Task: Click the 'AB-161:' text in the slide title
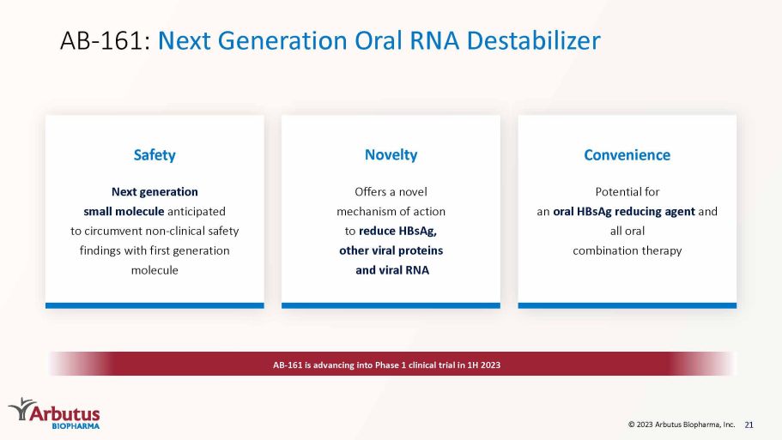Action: (106, 40)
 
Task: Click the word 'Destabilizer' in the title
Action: (534, 40)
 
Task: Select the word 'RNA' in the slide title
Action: (434, 40)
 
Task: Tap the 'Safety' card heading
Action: (155, 155)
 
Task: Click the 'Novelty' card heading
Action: (391, 154)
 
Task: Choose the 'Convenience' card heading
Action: (627, 155)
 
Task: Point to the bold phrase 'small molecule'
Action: (124, 211)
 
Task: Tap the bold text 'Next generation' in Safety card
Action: (155, 192)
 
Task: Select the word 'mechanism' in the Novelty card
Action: (366, 211)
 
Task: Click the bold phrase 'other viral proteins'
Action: (391, 250)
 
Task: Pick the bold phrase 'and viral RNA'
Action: (392, 270)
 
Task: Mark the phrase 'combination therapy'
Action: (627, 250)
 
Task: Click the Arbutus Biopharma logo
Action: (54, 413)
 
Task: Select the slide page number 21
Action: (749, 425)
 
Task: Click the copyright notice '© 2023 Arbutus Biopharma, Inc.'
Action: (682, 425)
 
